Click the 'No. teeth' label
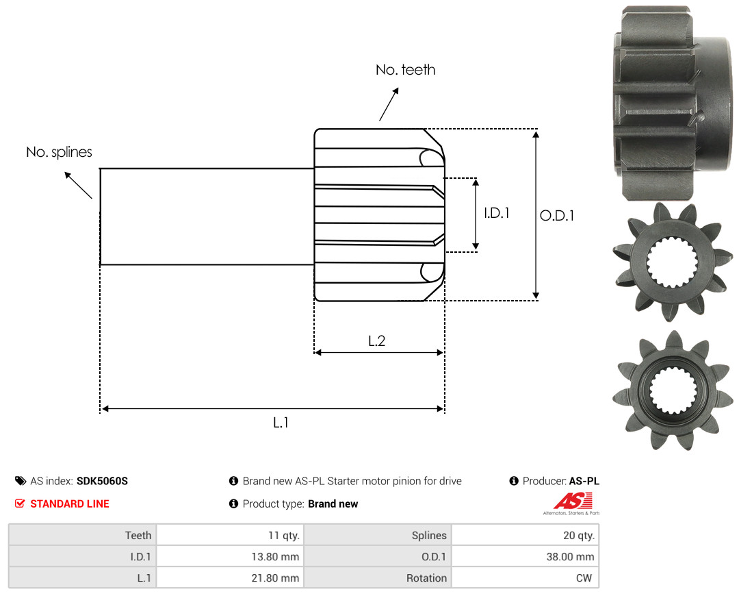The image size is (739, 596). click(405, 70)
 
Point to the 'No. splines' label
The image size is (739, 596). click(59, 152)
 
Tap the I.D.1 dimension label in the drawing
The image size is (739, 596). click(497, 213)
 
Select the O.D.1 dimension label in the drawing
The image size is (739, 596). click(556, 216)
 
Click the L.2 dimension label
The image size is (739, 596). click(376, 340)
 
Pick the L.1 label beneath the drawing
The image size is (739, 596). click(281, 423)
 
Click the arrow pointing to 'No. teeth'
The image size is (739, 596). click(389, 104)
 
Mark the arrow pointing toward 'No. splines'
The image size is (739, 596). click(78, 186)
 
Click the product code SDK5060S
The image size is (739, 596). click(102, 481)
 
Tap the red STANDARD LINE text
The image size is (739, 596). click(70, 504)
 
